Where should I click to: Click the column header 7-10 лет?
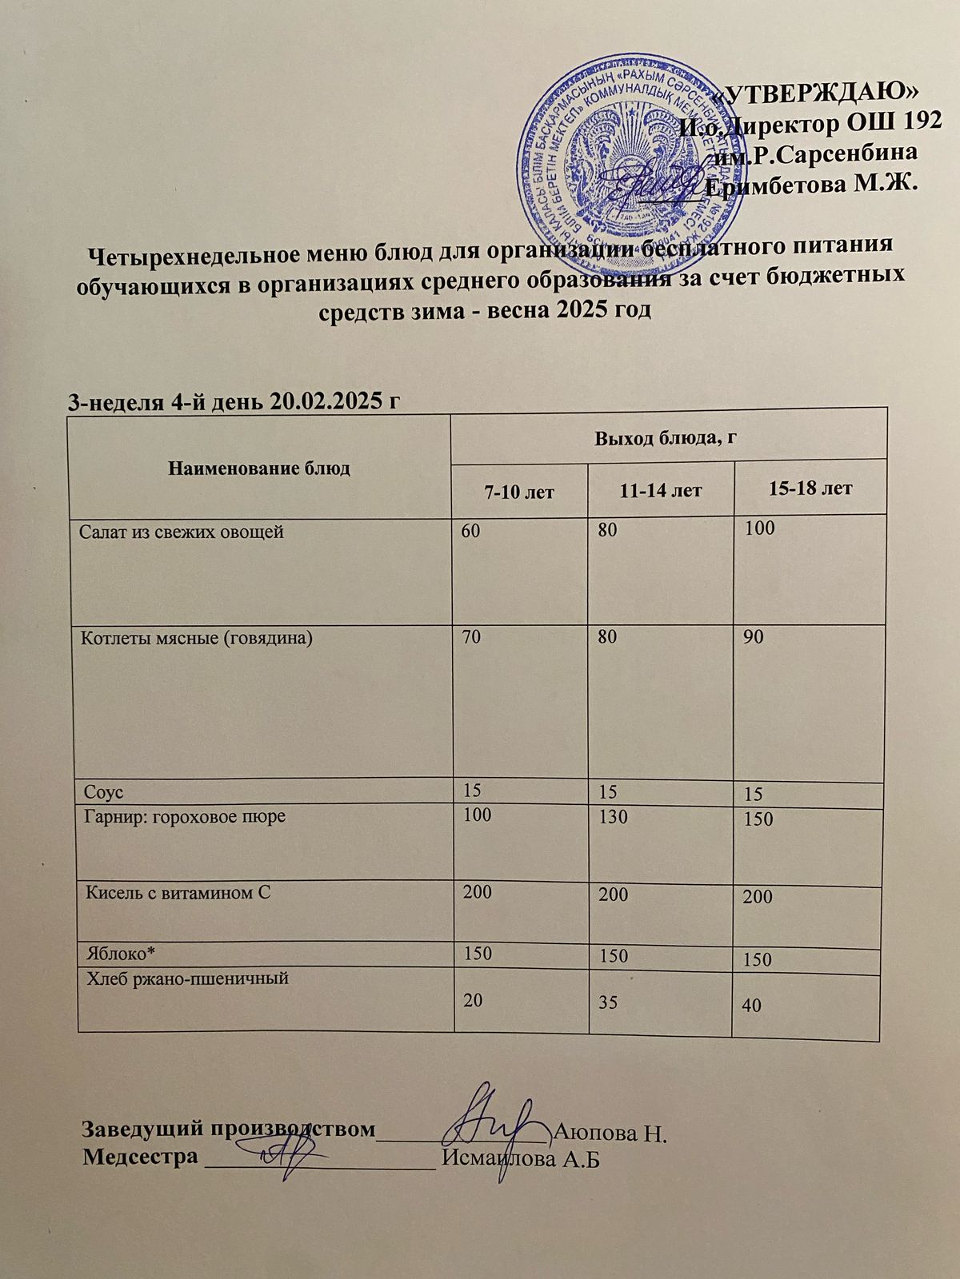point(518,491)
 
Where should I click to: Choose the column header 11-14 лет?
point(661,489)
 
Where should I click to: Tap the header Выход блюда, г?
point(665,437)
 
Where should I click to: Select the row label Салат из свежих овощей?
point(182,532)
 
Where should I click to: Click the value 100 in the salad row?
point(759,529)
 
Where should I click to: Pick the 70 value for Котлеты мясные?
point(470,638)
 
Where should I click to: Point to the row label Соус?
point(104,792)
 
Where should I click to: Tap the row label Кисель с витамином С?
point(178,893)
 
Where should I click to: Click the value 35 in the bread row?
point(608,1002)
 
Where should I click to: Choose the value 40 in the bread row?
point(752,1006)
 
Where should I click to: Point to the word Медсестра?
point(140,1157)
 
